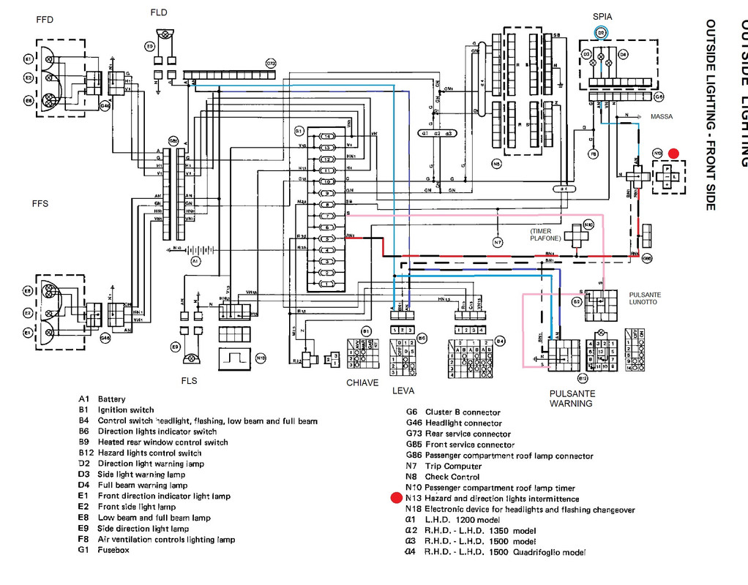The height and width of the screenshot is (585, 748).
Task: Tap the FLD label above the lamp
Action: point(158,12)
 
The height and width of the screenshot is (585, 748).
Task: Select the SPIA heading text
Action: point(602,16)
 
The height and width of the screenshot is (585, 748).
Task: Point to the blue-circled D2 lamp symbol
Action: point(601,32)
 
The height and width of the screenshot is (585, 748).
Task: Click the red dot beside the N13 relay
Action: point(674,154)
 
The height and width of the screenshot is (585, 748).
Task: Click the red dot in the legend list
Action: point(397,499)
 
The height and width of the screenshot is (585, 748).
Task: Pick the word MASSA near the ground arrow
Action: point(662,117)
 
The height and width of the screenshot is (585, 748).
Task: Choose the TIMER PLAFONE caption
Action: point(545,235)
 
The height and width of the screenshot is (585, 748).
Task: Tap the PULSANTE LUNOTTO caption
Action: point(645,298)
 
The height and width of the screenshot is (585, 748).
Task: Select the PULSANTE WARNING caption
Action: point(572,399)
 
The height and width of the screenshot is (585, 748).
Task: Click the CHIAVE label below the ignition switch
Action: point(362,382)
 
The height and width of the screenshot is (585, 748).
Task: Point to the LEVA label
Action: point(403,390)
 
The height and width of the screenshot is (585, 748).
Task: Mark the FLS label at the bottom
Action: point(189,381)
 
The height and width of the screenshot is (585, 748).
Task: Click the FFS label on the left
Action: point(40,203)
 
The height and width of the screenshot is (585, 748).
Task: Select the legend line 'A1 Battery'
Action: point(102,399)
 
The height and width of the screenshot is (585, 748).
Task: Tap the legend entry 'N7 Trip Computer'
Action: point(444,466)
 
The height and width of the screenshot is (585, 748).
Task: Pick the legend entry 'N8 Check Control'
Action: point(443,477)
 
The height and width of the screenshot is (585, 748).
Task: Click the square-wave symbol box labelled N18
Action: point(235,358)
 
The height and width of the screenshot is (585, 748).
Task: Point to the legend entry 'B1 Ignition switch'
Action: point(116,410)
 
